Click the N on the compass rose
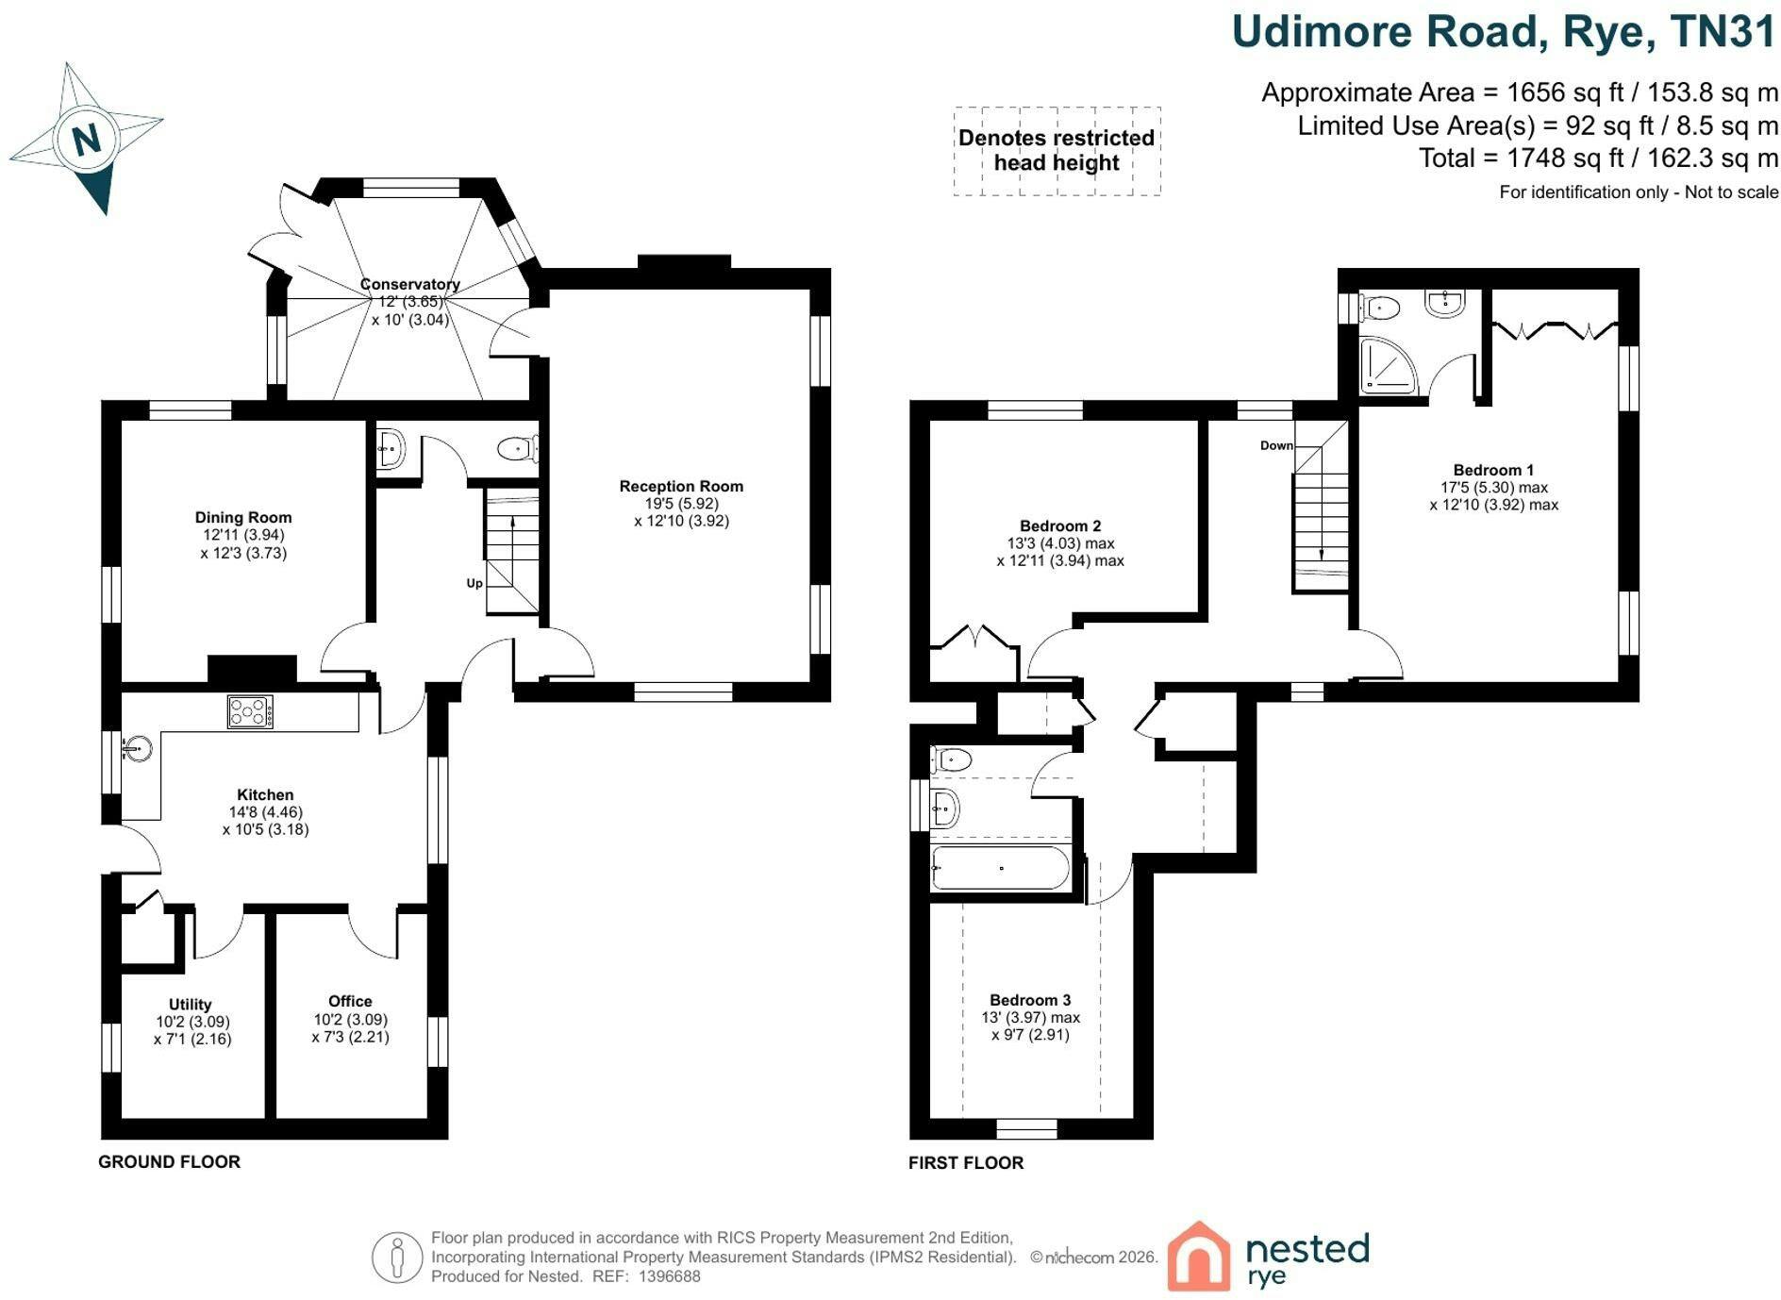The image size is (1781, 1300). tap(87, 140)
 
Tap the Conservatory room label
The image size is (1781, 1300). tap(410, 284)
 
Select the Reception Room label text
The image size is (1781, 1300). tap(681, 486)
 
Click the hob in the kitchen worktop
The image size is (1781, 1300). tap(250, 711)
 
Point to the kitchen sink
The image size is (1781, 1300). tap(137, 749)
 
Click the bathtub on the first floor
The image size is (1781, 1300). tap(1001, 868)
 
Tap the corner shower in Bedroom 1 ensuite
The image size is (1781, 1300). tap(1389, 365)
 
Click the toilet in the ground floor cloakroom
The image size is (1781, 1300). tap(518, 448)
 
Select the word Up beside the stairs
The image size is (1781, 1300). tap(474, 583)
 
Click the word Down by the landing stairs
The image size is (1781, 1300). tap(1276, 445)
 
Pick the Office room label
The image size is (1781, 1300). tap(350, 1001)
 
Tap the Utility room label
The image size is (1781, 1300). tap(191, 1005)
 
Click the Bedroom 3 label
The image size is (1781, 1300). tap(1030, 1000)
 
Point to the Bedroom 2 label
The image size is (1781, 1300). tap(1060, 525)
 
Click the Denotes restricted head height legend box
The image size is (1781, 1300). tap(1057, 151)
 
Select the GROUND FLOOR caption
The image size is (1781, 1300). tap(170, 1162)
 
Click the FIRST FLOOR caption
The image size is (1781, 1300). tap(966, 1163)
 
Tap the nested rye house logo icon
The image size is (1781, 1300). tap(1199, 1256)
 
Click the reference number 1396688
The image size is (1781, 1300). tap(670, 1276)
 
